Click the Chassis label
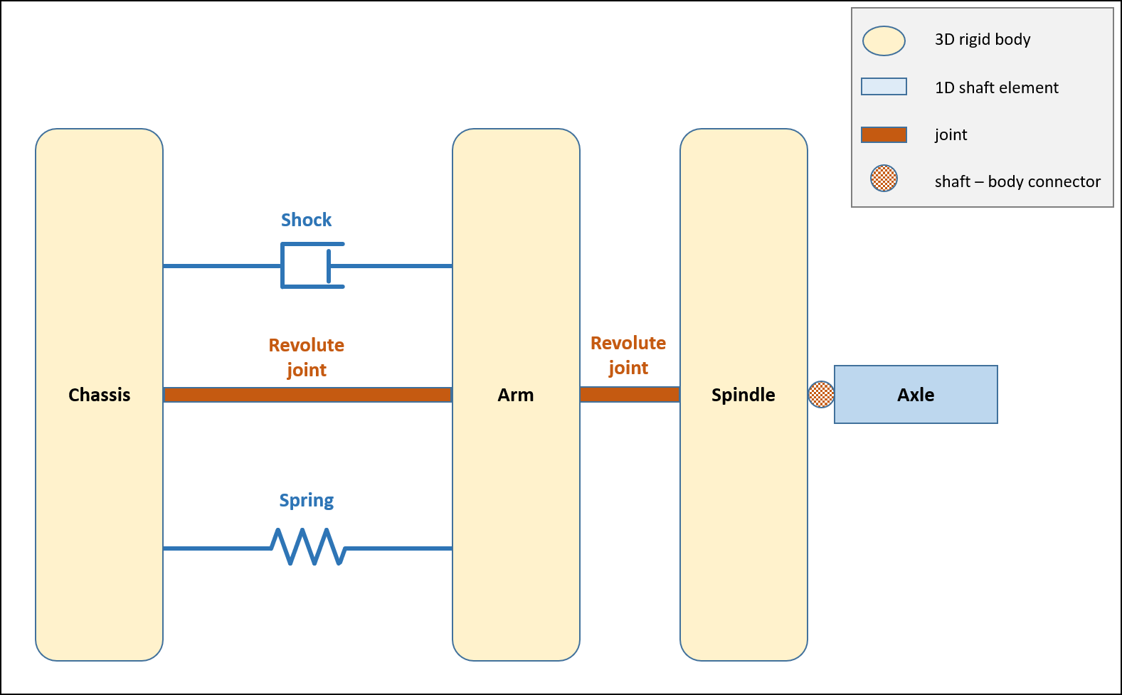[99, 395]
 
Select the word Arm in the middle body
[516, 395]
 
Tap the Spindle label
[743, 395]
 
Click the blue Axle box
[916, 395]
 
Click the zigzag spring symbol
[308, 547]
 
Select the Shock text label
[306, 220]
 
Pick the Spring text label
[306, 500]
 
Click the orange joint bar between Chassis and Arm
[307, 395]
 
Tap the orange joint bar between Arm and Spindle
[630, 395]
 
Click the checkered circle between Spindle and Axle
[821, 395]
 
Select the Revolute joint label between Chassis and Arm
[307, 357]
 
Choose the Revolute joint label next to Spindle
[628, 355]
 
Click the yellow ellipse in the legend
[884, 41]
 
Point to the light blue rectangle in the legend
[884, 87]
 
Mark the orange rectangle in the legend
[884, 134]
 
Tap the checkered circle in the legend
[884, 178]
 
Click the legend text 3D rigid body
[983, 40]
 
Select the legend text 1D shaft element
[996, 87]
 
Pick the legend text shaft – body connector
[1017, 182]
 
